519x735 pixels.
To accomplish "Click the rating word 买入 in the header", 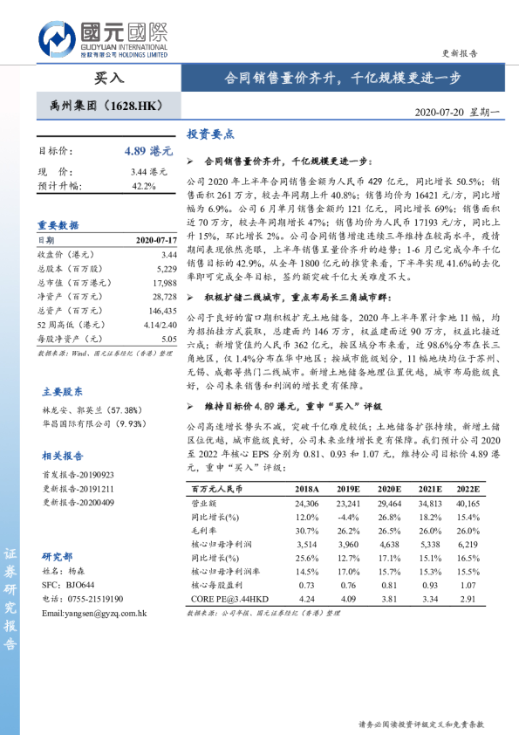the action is pos(109,77).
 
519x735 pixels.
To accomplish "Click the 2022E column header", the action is pos(468,490).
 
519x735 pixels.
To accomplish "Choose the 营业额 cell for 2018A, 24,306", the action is pos(307,504).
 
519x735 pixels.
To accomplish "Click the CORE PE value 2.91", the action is pos(468,600).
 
